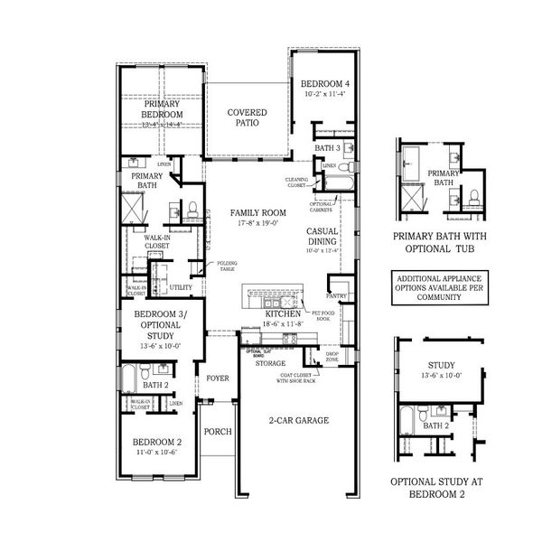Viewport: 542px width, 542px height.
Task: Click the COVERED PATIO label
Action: click(x=246, y=118)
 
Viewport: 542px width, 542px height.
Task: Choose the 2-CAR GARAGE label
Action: click(x=298, y=420)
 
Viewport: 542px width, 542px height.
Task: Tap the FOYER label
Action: click(x=218, y=378)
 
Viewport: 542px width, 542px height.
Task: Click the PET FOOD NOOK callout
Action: click(x=324, y=316)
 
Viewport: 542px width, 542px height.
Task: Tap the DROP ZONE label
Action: click(x=332, y=357)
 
